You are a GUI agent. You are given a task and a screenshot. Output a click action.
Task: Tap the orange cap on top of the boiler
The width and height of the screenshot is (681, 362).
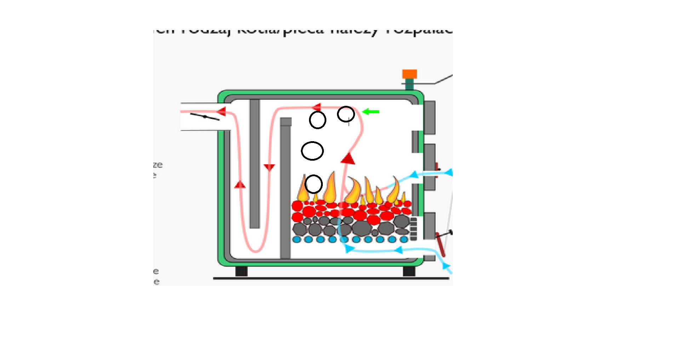coord(410,74)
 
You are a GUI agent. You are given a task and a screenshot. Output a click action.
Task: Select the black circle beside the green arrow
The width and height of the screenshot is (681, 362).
coord(346,114)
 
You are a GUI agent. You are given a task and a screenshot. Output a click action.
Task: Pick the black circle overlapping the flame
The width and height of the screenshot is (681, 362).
coord(314,184)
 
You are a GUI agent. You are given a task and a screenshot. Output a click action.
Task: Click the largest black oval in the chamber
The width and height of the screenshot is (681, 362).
coord(312,151)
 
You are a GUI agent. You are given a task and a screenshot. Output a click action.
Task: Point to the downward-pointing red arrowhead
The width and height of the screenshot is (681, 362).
coord(269,167)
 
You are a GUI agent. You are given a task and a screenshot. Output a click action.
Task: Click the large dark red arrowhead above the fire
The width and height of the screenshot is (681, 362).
coord(348,159)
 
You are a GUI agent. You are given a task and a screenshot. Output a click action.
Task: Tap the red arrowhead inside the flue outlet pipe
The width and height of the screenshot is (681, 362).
coord(222,111)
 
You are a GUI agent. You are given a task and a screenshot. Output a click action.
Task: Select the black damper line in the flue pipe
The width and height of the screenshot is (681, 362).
coord(205,116)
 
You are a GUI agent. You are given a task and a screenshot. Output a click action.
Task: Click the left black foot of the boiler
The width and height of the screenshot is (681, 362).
coord(241,271)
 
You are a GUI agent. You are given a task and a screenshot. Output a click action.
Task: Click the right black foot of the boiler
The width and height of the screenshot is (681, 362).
coord(409,271)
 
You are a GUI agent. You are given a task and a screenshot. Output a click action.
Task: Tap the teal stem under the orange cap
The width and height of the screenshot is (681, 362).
coord(410,84)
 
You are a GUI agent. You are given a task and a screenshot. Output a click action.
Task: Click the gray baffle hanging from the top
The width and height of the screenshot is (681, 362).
coord(254,163)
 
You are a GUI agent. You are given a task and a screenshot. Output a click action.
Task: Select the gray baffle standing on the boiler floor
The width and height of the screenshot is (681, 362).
coord(285,189)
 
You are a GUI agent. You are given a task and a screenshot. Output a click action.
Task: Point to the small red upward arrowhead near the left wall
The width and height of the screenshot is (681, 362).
coord(240,184)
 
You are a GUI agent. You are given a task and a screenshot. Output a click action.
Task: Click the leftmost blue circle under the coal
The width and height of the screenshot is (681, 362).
coord(297,240)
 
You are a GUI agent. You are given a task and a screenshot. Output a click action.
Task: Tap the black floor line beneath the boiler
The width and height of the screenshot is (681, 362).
coord(331,278)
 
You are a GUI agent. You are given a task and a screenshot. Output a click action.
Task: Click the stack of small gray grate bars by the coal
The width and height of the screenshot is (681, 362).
coord(413,229)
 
